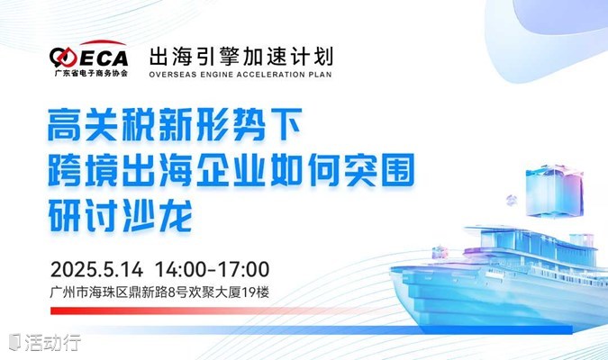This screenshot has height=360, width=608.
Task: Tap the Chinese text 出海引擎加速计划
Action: point(240,57)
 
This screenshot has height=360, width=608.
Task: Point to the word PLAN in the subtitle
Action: point(321,75)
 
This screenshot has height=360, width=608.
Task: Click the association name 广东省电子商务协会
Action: point(91,73)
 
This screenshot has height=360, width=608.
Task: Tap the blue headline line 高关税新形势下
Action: point(175,125)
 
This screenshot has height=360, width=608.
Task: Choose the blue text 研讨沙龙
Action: point(120,215)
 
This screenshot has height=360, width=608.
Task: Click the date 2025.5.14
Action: point(96,269)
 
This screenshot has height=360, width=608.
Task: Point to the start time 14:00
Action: point(181,269)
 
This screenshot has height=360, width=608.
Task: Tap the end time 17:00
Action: point(243,269)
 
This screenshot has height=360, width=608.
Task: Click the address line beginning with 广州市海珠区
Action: point(159,292)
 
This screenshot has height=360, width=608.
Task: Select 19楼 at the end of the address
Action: point(256,292)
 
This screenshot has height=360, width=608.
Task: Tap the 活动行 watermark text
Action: point(53,342)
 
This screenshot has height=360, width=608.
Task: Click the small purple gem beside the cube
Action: point(512,200)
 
